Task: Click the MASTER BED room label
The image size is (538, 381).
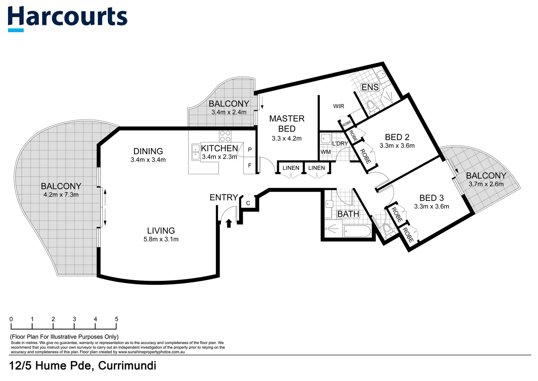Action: (287, 124)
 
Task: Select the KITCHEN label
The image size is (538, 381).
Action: (219, 148)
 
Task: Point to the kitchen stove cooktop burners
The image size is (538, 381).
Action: (225, 136)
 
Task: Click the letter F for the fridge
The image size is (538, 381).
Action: (250, 165)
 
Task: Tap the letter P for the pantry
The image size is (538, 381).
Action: (250, 150)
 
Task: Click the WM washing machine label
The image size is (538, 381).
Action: (326, 152)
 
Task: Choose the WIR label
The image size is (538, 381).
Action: (338, 106)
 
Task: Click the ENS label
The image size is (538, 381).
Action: (370, 87)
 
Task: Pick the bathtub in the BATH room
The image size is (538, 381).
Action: (357, 231)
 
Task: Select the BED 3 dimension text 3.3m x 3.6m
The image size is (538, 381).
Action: (431, 206)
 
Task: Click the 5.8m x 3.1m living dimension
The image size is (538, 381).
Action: (161, 239)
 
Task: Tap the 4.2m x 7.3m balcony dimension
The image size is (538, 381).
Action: (61, 195)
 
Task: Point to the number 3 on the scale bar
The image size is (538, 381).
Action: (74, 319)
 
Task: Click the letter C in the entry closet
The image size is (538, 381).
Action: (248, 203)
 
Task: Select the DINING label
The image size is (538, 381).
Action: (148, 151)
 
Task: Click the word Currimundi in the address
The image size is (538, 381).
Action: (127, 366)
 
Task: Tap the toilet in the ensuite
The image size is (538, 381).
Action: (371, 106)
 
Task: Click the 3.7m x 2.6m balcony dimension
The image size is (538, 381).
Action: (486, 184)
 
